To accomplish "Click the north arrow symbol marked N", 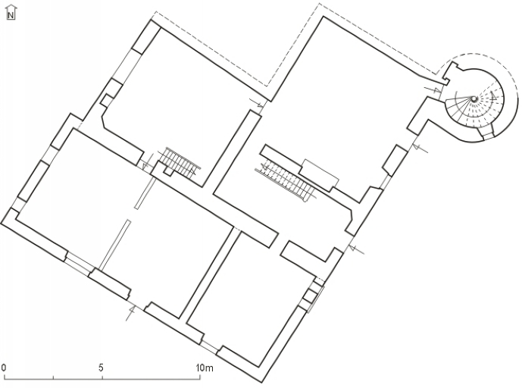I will (11, 13).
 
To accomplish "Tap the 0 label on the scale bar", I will (4, 368).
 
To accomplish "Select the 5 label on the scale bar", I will (101, 368).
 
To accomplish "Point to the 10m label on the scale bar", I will (204, 368).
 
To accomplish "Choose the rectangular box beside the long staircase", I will (319, 174).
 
